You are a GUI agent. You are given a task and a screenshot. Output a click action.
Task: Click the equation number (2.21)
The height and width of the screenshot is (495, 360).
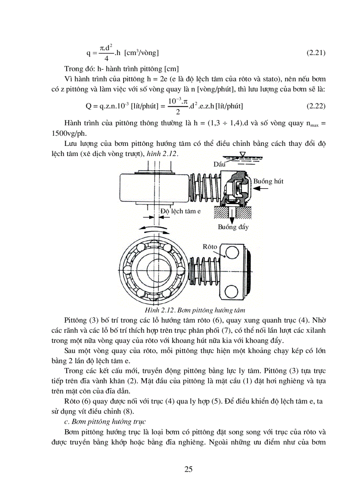(316, 53)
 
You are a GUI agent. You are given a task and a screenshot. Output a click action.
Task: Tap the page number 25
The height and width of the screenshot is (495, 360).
(188, 469)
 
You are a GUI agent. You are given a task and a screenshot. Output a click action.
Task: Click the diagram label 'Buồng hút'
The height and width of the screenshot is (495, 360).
(268, 181)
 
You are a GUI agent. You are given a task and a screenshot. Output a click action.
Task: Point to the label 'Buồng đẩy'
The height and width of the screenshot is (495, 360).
(233, 227)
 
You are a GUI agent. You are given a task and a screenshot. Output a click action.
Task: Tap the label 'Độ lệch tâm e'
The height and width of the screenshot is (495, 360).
(180, 211)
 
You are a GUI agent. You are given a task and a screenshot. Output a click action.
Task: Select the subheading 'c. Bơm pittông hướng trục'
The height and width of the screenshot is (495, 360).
(105, 422)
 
